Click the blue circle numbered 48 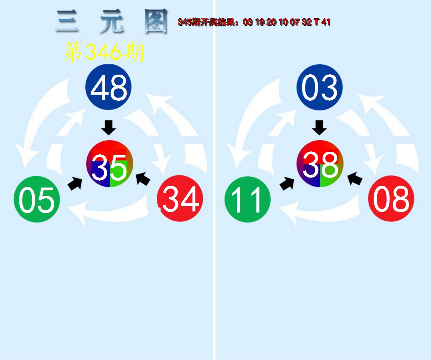(x=108, y=87)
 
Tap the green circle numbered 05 (x=37, y=199)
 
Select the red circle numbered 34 (x=180, y=198)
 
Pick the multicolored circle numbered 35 (x=110, y=164)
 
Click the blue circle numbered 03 (x=320, y=87)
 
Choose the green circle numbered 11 (x=248, y=199)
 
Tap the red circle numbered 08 (x=391, y=199)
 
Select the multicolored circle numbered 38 (x=320, y=164)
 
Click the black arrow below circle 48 (x=108, y=128)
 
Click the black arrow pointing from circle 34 (x=143, y=179)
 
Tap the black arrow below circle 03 (x=319, y=128)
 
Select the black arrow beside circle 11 (x=287, y=184)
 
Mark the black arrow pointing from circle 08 (x=355, y=179)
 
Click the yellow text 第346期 (x=104, y=52)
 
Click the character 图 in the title (x=156, y=21)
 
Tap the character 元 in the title (x=112, y=21)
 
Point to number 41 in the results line (x=326, y=22)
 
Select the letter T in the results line (x=316, y=22)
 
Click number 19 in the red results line (x=260, y=22)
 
